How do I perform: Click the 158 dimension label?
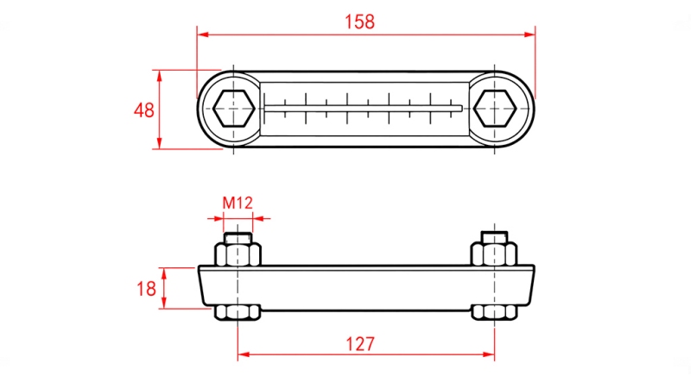(359, 22)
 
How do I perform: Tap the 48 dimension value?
(144, 110)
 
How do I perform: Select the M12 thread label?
(238, 203)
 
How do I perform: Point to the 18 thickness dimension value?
(146, 289)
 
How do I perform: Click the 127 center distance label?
(360, 344)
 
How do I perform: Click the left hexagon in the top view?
(233, 109)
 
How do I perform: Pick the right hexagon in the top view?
(495, 109)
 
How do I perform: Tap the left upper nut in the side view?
(238, 254)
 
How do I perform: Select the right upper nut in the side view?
(494, 254)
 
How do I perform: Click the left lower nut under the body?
(238, 312)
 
